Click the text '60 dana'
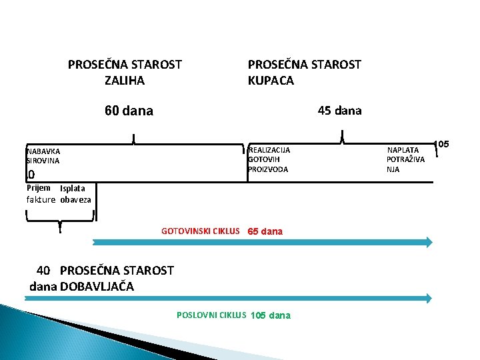[129, 111]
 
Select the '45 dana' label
[339, 111]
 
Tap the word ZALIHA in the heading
[125, 81]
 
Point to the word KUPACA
[271, 81]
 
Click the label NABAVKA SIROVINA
[43, 156]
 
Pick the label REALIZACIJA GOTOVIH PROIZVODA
[269, 159]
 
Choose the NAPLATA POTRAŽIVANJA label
[405, 159]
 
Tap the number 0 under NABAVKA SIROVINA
[31, 175]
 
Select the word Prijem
[39, 188]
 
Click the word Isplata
[72, 189]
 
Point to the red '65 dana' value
[265, 231]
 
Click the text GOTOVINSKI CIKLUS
[200, 231]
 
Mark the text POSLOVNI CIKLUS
[211, 315]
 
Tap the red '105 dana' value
[270, 315]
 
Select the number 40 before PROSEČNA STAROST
[43, 270]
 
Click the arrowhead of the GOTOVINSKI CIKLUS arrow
[428, 242]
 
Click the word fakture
[41, 199]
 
